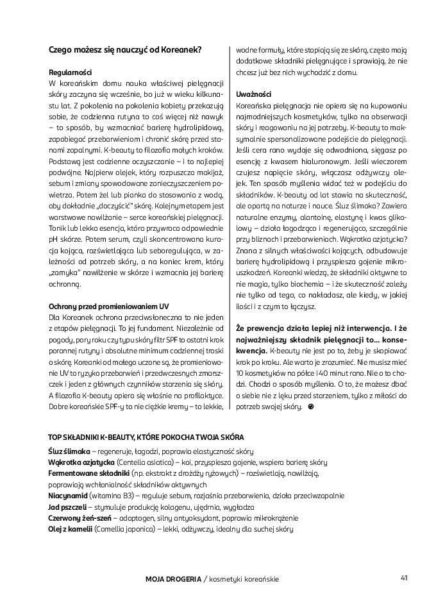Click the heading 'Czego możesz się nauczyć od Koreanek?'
pyautogui.click(x=125, y=49)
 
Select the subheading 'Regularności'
pyautogui.click(x=70, y=73)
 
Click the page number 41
pyautogui.click(x=404, y=577)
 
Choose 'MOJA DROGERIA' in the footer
pyautogui.click(x=173, y=578)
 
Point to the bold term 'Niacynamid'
pyautogui.click(x=68, y=496)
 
